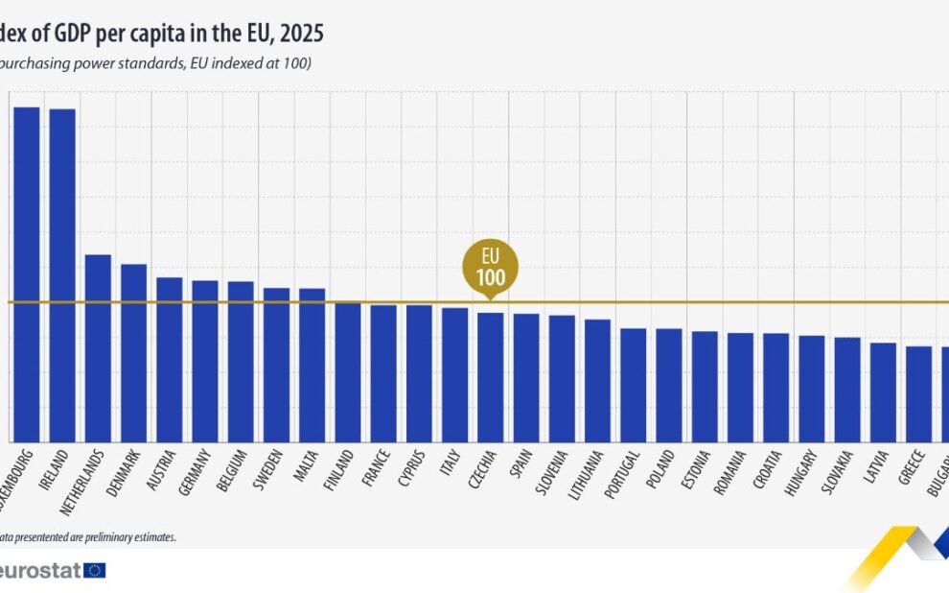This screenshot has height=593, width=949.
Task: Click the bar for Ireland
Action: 62,274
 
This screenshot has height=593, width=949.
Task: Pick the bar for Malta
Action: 312,365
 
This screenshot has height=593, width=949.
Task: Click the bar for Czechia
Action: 490,376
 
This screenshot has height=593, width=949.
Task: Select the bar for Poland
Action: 668,385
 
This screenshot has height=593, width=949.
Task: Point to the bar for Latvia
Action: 883,391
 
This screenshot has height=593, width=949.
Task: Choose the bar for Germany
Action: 205,361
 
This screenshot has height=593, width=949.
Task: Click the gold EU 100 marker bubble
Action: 490,264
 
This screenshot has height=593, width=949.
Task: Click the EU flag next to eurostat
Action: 95,570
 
